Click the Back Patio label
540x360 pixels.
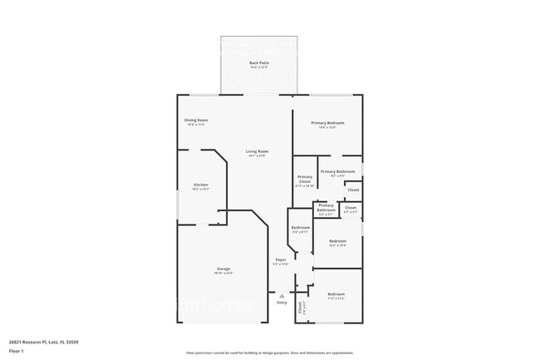click(x=259, y=63)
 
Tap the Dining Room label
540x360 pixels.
click(x=196, y=121)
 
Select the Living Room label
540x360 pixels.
click(x=257, y=151)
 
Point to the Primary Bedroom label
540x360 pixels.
click(x=327, y=123)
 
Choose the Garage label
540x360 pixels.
click(x=223, y=269)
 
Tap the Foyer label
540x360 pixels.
click(x=281, y=260)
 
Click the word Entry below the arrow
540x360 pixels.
click(x=282, y=302)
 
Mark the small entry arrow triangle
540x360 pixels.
click(x=282, y=293)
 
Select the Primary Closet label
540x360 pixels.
click(x=305, y=179)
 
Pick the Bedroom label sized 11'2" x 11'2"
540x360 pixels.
click(x=336, y=294)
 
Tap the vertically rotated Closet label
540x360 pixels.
click(x=301, y=306)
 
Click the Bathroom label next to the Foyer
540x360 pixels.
click(x=300, y=228)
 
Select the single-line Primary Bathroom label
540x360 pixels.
click(x=337, y=171)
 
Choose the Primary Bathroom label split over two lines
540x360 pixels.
click(x=326, y=208)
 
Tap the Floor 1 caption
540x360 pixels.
click(x=17, y=351)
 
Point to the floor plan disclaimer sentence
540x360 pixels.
click(x=270, y=353)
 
